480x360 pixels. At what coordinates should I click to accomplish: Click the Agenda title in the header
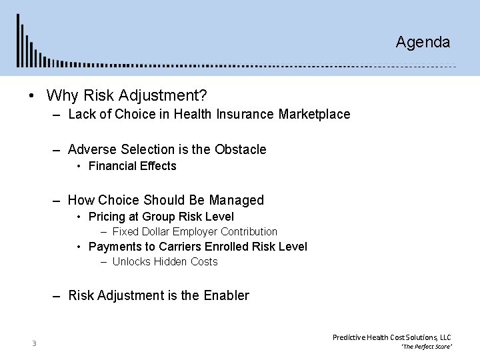point(423,43)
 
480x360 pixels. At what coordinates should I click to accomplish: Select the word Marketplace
point(315,115)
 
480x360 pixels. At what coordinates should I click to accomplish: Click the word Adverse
point(91,149)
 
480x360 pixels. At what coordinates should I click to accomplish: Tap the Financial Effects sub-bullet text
point(132,166)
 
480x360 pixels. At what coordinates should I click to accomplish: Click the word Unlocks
point(131,262)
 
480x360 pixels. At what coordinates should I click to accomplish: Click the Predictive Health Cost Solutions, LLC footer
point(392,338)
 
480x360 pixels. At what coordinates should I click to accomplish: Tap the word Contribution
point(249,232)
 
